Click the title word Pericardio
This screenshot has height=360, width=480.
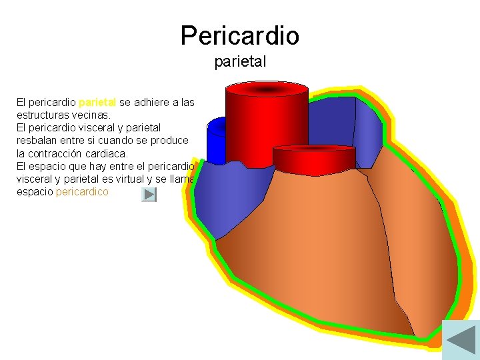click(239, 35)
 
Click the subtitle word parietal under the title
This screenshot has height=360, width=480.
click(240, 62)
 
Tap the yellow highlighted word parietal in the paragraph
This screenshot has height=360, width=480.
click(97, 103)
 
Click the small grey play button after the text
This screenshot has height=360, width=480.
click(149, 195)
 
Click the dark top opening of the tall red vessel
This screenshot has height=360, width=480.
click(267, 89)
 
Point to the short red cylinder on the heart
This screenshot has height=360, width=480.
click(307, 159)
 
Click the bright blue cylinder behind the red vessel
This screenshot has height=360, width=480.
click(215, 140)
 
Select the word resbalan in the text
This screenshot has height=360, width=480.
click(38, 141)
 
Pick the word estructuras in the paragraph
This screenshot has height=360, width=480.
click(44, 115)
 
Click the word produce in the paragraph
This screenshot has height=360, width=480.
click(172, 141)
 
